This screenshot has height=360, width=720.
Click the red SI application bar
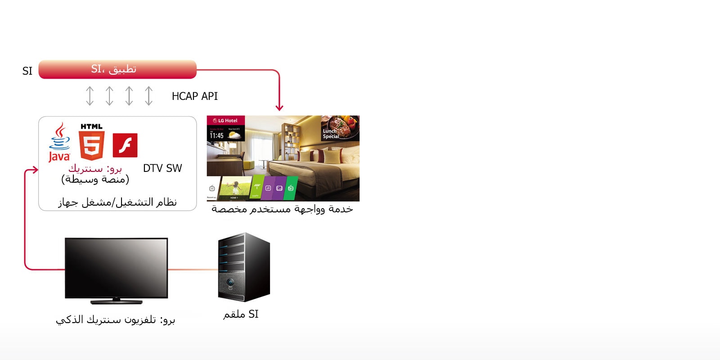[117, 69]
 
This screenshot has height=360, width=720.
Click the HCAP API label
[194, 96]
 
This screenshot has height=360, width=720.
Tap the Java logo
[59, 143]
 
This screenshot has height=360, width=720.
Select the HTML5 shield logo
[92, 142]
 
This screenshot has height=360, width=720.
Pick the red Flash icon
[125, 145]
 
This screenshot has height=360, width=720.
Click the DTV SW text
[162, 168]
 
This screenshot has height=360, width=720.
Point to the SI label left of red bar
[27, 71]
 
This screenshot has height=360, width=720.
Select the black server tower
[243, 267]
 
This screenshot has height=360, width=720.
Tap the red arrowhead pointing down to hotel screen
[279, 108]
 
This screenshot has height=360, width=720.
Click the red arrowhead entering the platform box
[34, 170]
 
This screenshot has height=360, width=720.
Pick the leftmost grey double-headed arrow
[90, 96]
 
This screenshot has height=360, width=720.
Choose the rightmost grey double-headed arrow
[148, 96]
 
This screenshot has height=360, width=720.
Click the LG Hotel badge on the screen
[225, 121]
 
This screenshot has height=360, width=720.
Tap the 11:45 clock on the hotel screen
[216, 135]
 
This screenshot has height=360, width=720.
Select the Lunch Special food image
[340, 128]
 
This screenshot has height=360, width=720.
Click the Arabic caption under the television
[115, 319]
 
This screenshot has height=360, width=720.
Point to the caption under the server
[241, 314]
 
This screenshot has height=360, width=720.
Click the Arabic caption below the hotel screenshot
[282, 209]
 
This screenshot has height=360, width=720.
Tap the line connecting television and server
[193, 270]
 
